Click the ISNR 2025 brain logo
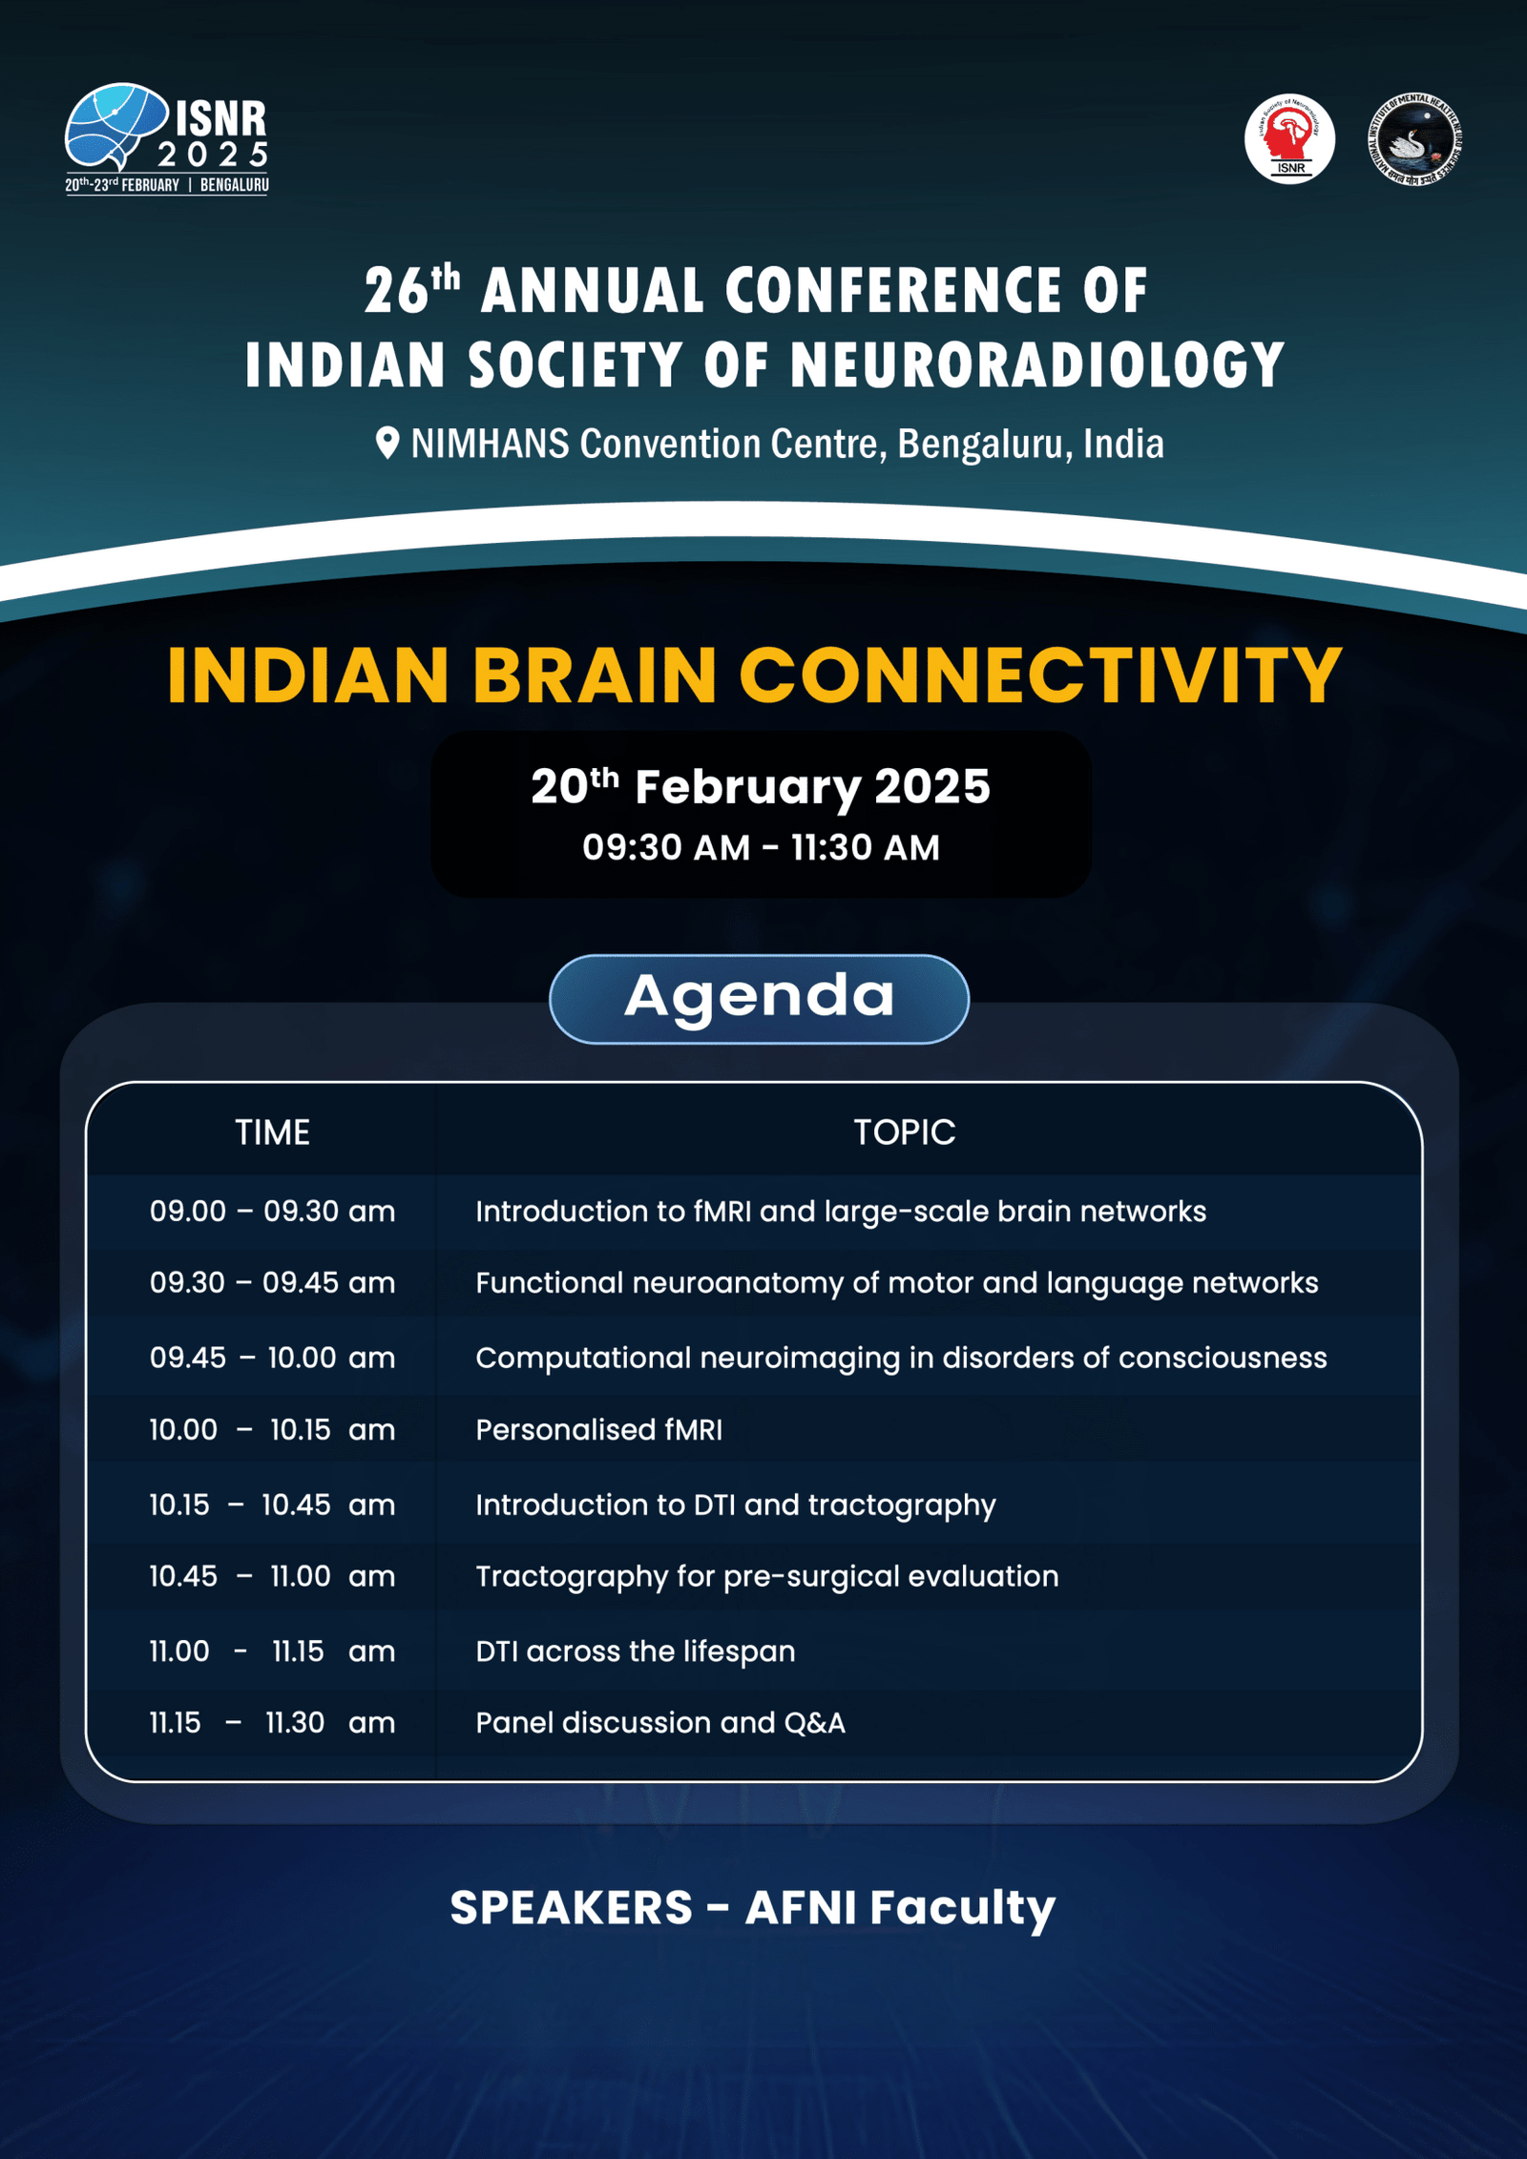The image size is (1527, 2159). pyautogui.click(x=167, y=137)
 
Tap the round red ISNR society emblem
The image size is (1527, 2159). pyautogui.click(x=1289, y=138)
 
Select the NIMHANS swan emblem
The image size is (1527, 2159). pyautogui.click(x=1416, y=138)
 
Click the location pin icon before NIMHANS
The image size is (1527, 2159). pyautogui.click(x=387, y=444)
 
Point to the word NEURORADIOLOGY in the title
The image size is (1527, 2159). pyautogui.click(x=1036, y=364)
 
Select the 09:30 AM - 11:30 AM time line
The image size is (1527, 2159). pyautogui.click(x=761, y=847)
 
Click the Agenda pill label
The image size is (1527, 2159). pyautogui.click(x=760, y=998)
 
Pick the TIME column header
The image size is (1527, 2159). pyautogui.click(x=272, y=1132)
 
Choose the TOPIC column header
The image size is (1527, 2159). pyautogui.click(x=904, y=1132)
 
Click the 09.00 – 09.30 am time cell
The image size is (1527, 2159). pyautogui.click(x=272, y=1212)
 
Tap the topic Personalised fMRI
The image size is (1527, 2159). pyautogui.click(x=598, y=1430)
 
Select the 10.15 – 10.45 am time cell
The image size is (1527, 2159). pyautogui.click(x=272, y=1505)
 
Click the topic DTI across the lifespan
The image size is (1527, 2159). pyautogui.click(x=635, y=1651)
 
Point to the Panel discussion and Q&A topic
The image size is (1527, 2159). pyautogui.click(x=659, y=1723)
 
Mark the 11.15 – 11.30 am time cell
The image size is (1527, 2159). pyautogui.click(x=272, y=1723)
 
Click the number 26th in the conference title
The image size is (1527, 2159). pyautogui.click(x=412, y=289)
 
